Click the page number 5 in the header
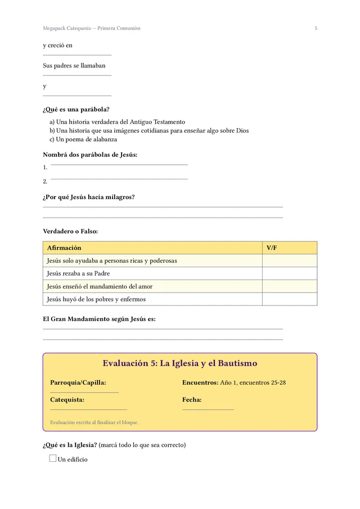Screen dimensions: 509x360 coord(316,28)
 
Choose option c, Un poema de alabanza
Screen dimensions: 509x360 coord(83,139)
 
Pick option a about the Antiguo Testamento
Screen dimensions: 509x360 coord(117,121)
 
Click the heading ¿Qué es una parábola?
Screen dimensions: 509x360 coord(76,109)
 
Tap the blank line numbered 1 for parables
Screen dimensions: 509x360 coord(119,164)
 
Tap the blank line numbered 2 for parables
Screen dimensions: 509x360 coord(119,179)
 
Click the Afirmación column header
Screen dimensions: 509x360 coord(64,247)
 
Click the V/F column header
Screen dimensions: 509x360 coord(272,247)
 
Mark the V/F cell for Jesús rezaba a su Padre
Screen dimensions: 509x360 coord(289,273)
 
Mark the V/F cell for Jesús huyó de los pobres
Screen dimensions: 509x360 coord(289,299)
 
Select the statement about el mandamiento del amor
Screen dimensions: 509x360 coord(100,286)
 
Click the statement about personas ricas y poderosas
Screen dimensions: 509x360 coord(112,260)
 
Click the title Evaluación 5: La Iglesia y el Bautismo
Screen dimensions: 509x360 coord(180,363)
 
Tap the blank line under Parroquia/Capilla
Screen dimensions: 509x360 coord(84,392)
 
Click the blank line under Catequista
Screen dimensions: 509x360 coord(88,409)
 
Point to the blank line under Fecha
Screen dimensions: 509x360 coord(208,409)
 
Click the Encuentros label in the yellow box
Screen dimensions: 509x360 coord(200,382)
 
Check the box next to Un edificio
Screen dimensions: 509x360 coord(53,458)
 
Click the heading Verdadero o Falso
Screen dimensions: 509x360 coord(70,231)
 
